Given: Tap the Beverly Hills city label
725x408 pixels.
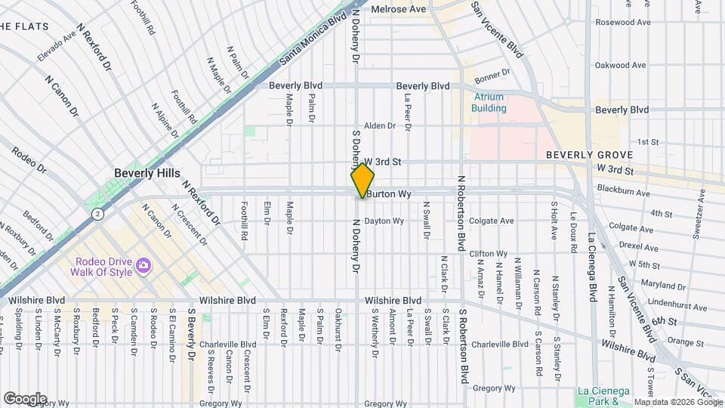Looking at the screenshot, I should click(x=147, y=173).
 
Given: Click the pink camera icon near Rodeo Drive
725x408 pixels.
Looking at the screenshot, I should click(x=144, y=266).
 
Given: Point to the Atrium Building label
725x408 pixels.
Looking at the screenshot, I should click(x=489, y=102).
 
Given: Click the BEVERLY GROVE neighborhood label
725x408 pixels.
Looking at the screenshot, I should click(x=588, y=155).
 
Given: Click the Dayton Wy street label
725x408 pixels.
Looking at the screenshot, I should click(x=384, y=221).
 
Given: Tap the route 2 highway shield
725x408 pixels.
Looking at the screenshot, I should click(x=97, y=215).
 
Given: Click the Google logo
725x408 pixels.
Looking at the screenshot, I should click(x=25, y=398).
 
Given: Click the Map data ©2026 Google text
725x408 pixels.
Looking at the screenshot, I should click(x=677, y=401).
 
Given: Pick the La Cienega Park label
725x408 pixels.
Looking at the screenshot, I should click(x=603, y=395).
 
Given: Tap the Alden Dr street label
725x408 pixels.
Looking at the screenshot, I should click(x=380, y=125).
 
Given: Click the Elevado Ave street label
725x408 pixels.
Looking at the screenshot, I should click(x=56, y=46).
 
